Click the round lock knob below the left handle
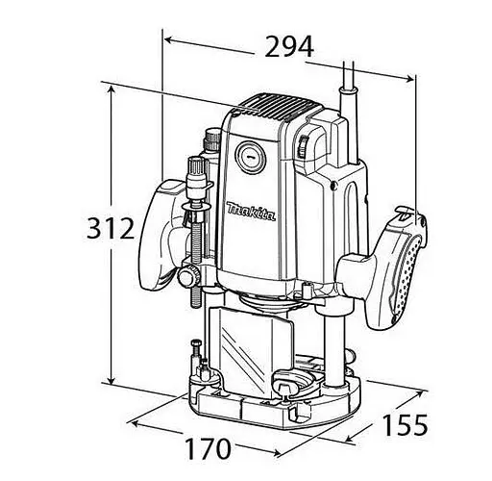click(x=187, y=279)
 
